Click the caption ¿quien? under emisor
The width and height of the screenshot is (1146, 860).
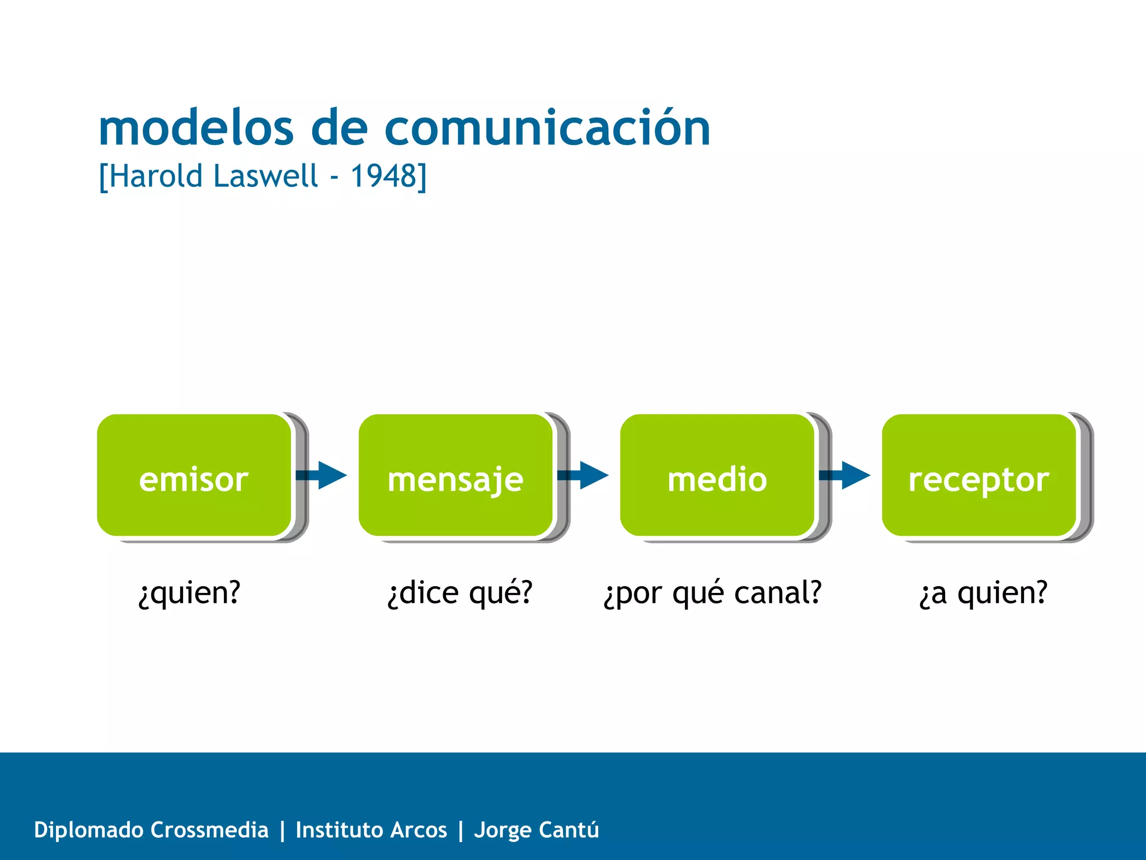click(189, 593)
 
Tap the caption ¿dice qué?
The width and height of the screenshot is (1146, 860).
click(460, 593)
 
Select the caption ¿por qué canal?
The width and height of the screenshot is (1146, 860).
click(712, 593)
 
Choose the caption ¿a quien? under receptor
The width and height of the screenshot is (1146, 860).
click(983, 593)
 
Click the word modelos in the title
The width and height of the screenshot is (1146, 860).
click(196, 128)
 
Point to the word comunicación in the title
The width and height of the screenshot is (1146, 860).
click(547, 128)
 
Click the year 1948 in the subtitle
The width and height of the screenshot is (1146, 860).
click(384, 176)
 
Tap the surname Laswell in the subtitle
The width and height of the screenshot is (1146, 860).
click(266, 176)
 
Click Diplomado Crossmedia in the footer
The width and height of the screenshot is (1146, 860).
click(151, 830)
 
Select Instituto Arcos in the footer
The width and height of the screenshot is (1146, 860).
click(371, 830)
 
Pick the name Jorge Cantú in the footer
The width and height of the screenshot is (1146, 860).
click(536, 830)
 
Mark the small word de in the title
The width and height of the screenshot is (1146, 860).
click(339, 128)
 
